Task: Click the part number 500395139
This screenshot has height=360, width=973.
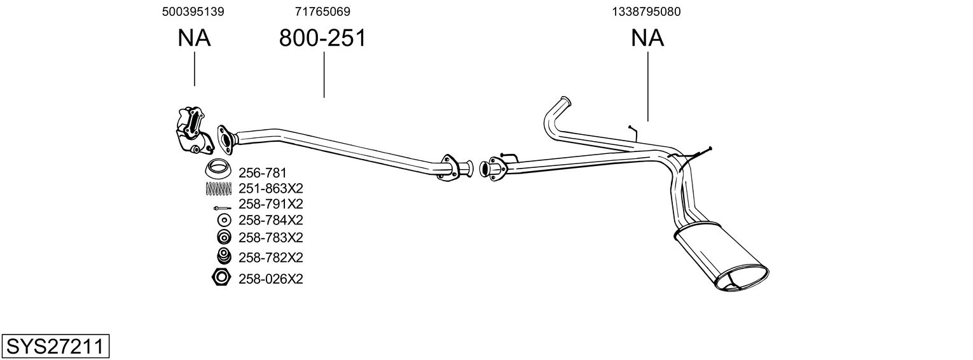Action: pos(193,11)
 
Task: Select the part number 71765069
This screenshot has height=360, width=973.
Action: pos(322,11)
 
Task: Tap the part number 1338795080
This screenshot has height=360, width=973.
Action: pos(647,11)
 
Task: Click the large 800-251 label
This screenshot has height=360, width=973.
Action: pos(322,38)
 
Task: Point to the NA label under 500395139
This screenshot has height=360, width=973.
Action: pos(194,38)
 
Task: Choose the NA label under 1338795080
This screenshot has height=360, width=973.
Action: pos(647,38)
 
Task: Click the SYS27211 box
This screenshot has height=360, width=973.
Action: pos(55,347)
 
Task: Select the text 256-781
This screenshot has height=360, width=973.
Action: pos(263,172)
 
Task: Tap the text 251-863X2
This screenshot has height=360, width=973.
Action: pos(270,188)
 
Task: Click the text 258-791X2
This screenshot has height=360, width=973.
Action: pos(270,204)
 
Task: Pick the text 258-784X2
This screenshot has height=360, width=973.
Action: pos(270,220)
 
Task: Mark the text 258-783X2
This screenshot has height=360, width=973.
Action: pos(270,238)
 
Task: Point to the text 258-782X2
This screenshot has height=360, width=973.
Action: pos(270,258)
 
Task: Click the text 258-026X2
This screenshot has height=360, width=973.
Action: pos(270,279)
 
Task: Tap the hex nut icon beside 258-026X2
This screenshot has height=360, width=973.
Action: pos(221,278)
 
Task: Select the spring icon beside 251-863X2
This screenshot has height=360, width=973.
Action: pos(219,188)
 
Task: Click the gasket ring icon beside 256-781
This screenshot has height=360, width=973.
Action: pos(218,170)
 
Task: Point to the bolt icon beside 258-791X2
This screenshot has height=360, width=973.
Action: pos(222,208)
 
